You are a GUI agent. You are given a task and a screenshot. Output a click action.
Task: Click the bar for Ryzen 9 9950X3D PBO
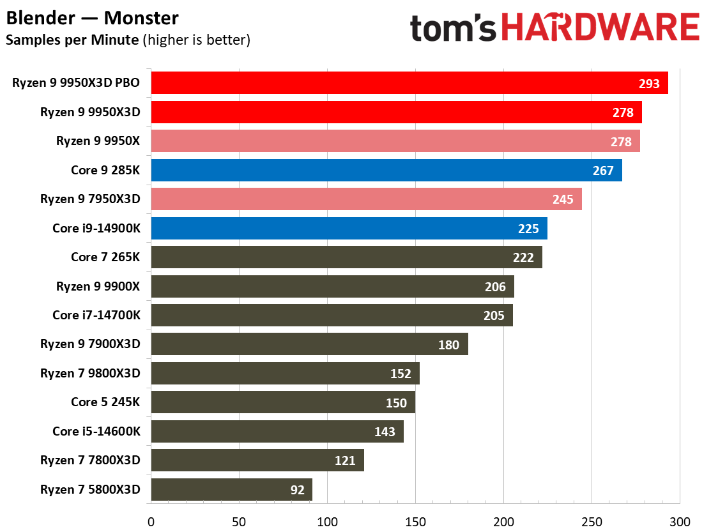tap(409, 83)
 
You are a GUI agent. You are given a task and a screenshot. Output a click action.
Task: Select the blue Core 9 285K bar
tap(386, 171)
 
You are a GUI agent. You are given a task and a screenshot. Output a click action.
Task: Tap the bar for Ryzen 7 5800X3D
tap(231, 490)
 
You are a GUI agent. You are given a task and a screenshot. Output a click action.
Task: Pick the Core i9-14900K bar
tap(349, 229)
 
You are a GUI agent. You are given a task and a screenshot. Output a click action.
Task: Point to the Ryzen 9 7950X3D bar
tap(366, 199)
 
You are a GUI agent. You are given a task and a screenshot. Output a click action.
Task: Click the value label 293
tap(649, 84)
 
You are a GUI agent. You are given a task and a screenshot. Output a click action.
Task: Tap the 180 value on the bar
tap(448, 345)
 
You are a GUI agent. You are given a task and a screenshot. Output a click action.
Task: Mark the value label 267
tap(603, 171)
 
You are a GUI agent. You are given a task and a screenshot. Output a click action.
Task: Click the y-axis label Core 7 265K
tap(105, 257)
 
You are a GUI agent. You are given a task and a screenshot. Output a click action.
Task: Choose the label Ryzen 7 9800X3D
tap(90, 373)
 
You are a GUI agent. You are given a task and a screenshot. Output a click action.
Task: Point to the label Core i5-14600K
tap(96, 431)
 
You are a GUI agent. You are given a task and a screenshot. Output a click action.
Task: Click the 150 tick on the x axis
tap(415, 521)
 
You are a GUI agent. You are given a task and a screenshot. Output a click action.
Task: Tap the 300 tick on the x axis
tap(680, 521)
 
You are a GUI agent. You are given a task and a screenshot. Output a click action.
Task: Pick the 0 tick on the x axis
tap(151, 521)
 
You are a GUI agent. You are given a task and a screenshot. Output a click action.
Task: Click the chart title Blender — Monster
tap(93, 17)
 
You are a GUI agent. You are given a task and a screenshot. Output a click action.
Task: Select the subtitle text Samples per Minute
tap(72, 40)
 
